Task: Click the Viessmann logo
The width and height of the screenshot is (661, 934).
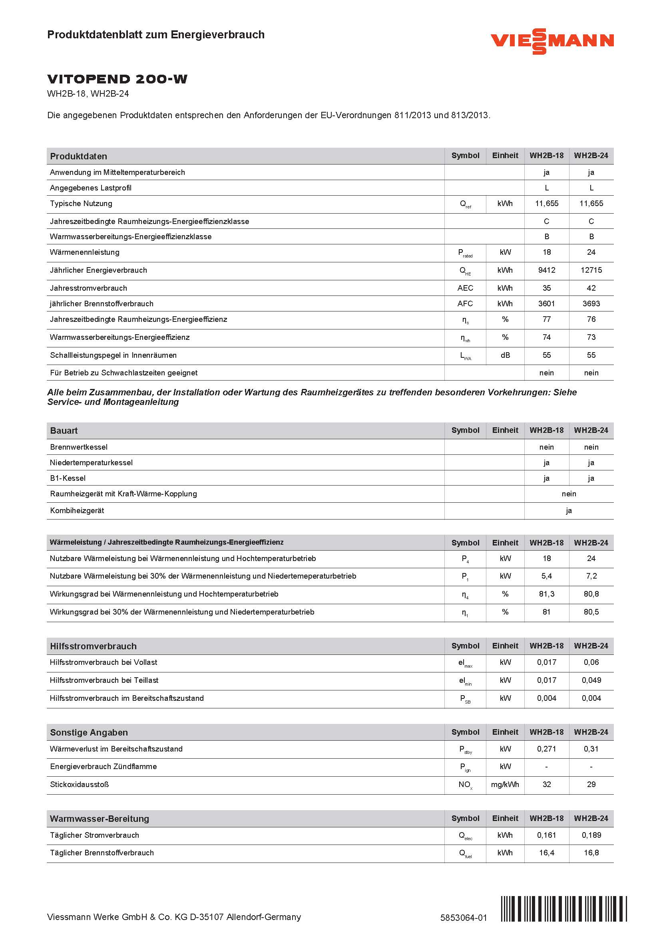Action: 552,41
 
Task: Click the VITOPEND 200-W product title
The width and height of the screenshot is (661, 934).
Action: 117,79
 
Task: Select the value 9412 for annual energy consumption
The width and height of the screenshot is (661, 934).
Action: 546,270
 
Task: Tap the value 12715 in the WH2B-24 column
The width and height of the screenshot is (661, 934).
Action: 591,270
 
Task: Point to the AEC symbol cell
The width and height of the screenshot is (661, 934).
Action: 465,288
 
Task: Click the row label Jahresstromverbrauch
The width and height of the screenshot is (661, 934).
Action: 88,288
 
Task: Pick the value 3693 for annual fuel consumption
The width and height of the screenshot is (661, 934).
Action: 591,303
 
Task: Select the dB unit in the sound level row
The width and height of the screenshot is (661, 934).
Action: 505,355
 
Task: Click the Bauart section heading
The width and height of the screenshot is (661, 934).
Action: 64,430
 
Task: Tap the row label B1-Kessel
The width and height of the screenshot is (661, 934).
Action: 68,478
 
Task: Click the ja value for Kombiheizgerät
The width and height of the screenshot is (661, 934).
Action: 569,511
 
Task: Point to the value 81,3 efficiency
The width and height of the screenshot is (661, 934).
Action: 546,594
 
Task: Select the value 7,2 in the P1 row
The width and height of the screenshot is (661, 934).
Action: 591,576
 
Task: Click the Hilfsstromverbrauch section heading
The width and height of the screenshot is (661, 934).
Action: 93,646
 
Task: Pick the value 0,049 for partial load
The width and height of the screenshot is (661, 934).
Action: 591,680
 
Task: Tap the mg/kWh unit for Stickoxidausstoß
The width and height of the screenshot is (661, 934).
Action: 505,784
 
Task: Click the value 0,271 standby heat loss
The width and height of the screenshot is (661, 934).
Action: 546,748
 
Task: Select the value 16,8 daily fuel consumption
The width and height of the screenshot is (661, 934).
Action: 591,853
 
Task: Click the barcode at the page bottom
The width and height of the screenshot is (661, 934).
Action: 564,909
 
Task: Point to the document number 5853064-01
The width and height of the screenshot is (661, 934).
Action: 463,917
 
